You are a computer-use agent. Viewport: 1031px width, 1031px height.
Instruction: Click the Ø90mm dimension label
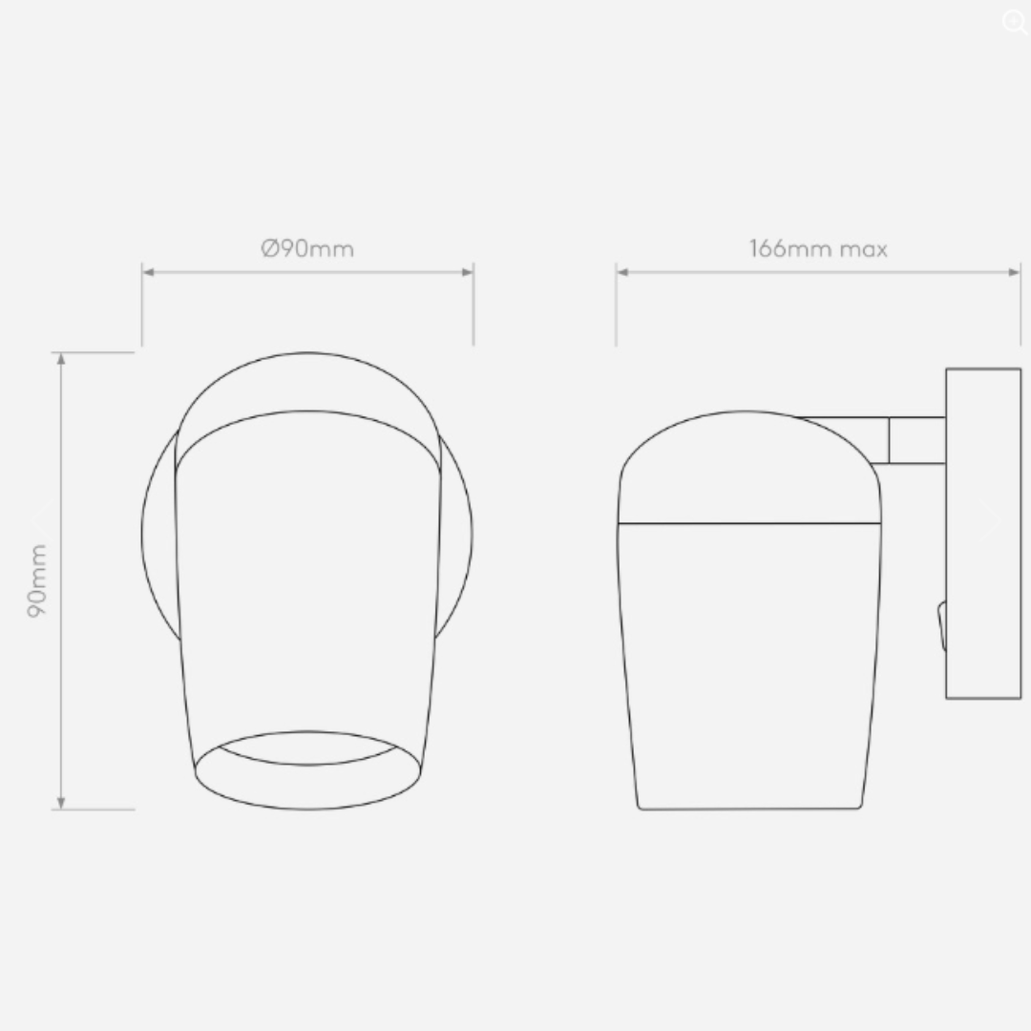[x=307, y=248]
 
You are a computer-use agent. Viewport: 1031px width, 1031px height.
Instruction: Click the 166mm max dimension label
[x=819, y=248]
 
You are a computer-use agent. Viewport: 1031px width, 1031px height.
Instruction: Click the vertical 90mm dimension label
[x=37, y=580]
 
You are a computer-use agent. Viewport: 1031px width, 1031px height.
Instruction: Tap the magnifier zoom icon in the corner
[x=1015, y=22]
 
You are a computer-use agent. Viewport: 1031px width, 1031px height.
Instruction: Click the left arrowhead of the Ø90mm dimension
[x=148, y=272]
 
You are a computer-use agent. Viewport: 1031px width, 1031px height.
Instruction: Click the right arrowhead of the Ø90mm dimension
[x=468, y=272]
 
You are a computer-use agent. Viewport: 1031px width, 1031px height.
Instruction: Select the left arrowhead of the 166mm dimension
[x=622, y=272]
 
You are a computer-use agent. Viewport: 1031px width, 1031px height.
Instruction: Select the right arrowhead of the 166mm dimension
[x=1014, y=272]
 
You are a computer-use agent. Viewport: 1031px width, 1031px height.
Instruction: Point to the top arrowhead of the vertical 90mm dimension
[x=61, y=359]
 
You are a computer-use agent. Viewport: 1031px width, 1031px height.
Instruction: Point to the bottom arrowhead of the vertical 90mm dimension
[x=61, y=803]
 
